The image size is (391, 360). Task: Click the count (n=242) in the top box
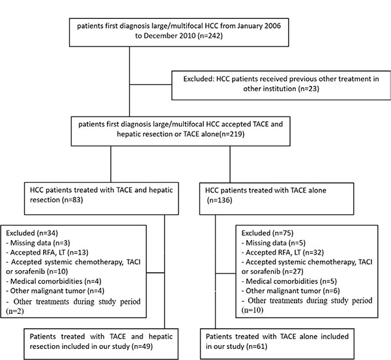210,36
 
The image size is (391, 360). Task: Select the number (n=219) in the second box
231,134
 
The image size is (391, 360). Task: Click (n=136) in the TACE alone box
220,200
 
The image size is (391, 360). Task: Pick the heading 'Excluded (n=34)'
32,233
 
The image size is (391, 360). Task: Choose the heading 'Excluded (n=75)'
267,233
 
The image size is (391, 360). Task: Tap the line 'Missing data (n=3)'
38,243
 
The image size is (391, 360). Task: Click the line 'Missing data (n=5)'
273,243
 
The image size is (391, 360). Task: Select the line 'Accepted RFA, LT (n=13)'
48,253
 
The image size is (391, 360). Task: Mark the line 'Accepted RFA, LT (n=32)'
283,253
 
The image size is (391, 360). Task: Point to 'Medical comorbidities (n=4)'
53,281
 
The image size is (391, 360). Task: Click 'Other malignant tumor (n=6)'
291,291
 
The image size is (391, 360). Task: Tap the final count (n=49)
142,346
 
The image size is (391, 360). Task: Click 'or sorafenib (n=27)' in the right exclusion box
272,271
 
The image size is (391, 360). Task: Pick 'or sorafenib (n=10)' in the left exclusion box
37,271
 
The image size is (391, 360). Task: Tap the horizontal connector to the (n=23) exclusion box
151,85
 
